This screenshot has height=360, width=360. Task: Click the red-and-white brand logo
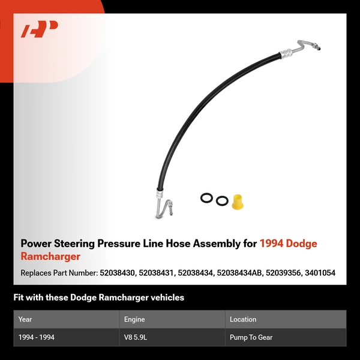(40, 29)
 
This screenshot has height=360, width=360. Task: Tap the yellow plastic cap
(237, 201)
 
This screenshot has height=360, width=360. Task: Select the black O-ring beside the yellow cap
(222, 201)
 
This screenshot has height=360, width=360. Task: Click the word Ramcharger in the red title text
(50, 257)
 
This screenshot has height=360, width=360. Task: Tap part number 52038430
(115, 273)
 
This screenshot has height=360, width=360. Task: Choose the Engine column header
(134, 319)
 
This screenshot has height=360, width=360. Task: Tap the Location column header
(243, 319)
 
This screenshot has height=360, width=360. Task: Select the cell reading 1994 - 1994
(37, 337)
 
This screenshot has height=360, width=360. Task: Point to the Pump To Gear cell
(251, 337)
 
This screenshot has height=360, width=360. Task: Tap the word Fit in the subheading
(19, 298)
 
